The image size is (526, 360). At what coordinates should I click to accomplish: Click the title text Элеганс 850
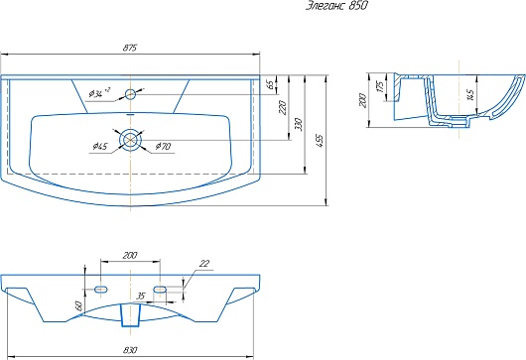coord(336,6)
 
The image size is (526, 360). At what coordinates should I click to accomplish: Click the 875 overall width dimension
coord(130,48)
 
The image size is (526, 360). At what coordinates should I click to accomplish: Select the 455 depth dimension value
coord(320,141)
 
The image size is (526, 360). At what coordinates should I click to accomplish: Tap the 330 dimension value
coord(300,124)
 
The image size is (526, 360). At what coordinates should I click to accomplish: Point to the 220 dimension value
coord(283,107)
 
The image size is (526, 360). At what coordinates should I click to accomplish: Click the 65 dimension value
coord(271,84)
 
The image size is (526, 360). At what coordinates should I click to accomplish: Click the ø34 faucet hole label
coord(99,93)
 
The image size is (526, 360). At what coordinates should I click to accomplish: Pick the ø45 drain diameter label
coord(100,147)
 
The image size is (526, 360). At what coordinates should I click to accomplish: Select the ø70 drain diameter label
coord(164,146)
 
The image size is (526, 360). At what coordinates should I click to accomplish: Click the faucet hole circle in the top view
coord(130,94)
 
